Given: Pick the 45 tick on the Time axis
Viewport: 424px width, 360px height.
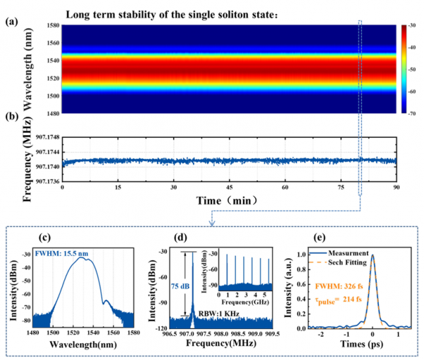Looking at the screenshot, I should [x=230, y=190].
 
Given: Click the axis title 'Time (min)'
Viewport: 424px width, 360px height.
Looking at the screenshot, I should [x=229, y=202].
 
